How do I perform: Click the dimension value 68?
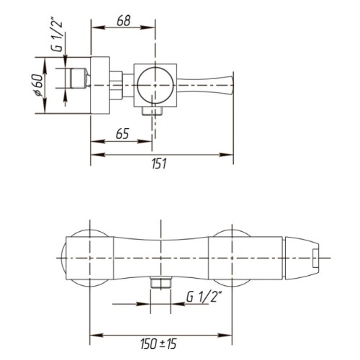[124, 21]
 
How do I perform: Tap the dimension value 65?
[122, 134]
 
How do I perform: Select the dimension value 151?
[159, 163]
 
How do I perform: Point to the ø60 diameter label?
[38, 86]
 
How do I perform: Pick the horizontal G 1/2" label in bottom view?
[204, 297]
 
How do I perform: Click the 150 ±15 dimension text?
[158, 344]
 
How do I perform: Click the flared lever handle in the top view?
[204, 85]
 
